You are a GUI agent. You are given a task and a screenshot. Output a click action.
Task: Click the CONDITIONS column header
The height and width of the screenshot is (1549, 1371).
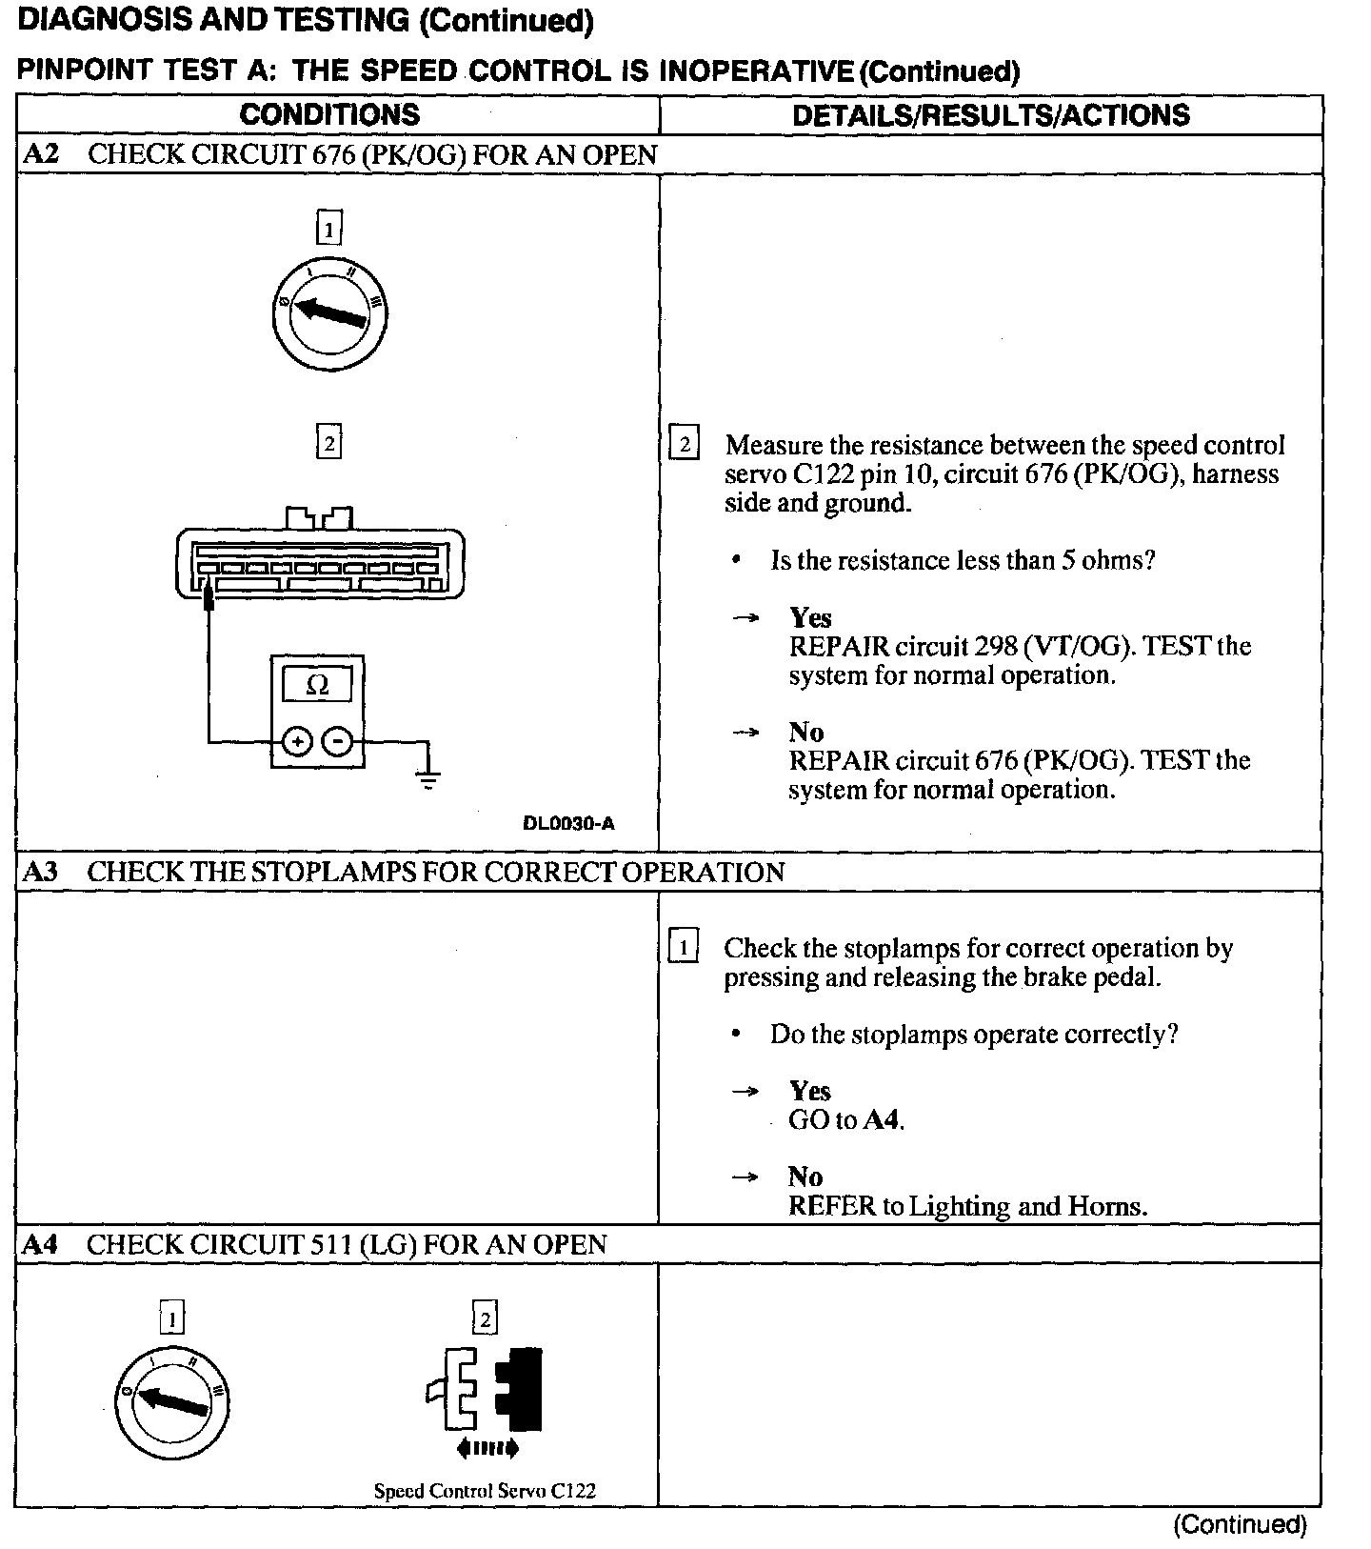(x=329, y=115)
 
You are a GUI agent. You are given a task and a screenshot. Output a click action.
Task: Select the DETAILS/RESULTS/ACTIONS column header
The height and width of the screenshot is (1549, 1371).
(x=990, y=115)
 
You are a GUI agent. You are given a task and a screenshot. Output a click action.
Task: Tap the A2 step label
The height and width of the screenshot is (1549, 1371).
(x=40, y=155)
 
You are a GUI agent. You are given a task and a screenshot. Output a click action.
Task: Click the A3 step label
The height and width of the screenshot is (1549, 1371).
(x=40, y=872)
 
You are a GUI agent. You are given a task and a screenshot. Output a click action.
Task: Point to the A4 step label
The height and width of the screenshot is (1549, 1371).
(x=40, y=1244)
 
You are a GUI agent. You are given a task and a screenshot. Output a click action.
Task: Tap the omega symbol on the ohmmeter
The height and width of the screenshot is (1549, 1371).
(x=318, y=685)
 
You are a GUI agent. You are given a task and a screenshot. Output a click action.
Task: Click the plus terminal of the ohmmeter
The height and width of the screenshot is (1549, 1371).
(x=297, y=741)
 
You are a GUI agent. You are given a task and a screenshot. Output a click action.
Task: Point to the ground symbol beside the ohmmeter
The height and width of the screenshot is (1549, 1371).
(x=428, y=778)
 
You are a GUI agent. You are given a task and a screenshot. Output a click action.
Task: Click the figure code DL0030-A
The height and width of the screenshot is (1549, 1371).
(x=568, y=823)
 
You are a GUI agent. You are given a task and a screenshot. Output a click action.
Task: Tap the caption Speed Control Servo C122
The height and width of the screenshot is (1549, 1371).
(x=485, y=1491)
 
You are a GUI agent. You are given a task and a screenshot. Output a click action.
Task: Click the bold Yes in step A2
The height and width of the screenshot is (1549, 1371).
(x=810, y=617)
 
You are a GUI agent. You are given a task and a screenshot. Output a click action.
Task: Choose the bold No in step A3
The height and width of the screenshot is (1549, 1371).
(x=805, y=1177)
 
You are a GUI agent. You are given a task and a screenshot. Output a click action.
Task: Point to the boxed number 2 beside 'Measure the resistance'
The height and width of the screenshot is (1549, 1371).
(x=684, y=445)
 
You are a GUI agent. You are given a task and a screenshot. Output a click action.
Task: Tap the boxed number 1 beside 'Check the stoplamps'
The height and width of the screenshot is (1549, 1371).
(x=684, y=948)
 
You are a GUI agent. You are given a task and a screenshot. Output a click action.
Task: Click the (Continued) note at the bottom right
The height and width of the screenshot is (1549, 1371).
(x=1240, y=1524)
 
